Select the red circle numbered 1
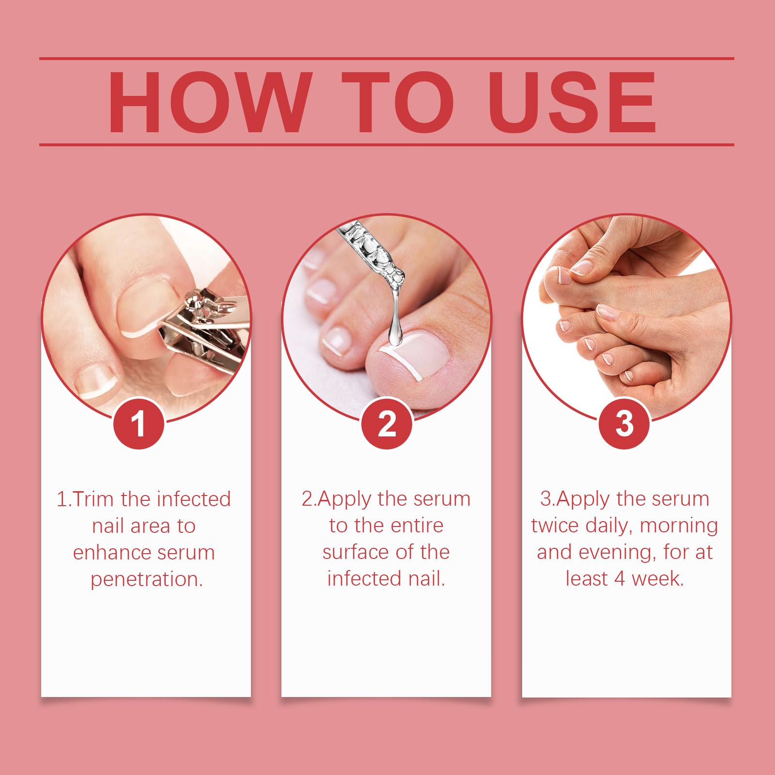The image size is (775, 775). point(139,422)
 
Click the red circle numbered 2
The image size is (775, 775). point(387,422)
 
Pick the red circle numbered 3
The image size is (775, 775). point(624,422)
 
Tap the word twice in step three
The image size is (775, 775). point(558,526)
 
